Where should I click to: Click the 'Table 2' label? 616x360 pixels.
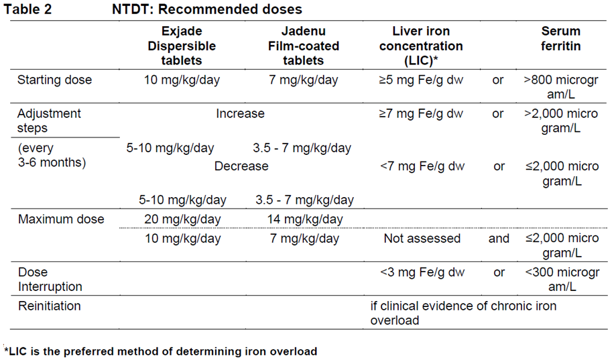(x=28, y=9)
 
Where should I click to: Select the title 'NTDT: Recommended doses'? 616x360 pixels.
(x=206, y=9)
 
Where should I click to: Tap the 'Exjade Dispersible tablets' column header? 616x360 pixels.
(x=182, y=46)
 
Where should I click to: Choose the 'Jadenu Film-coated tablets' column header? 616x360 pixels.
(x=309, y=46)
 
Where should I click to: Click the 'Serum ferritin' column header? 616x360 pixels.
(x=561, y=39)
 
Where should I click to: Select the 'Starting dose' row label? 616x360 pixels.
(x=55, y=80)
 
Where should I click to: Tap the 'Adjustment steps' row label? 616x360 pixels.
(x=50, y=121)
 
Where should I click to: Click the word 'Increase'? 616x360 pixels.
(x=240, y=114)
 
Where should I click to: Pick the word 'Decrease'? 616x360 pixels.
(x=241, y=166)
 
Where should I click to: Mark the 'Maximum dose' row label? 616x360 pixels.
(x=61, y=219)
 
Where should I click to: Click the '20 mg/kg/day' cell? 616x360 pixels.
(x=182, y=219)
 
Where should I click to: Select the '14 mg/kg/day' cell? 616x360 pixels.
(x=304, y=219)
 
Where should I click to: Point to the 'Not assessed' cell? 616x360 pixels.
(x=422, y=239)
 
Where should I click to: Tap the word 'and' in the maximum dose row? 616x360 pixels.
(x=499, y=239)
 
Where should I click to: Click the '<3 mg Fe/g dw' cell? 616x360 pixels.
(x=422, y=272)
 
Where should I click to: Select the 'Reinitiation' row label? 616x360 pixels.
(x=50, y=306)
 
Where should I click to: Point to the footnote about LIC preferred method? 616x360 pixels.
(x=161, y=351)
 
